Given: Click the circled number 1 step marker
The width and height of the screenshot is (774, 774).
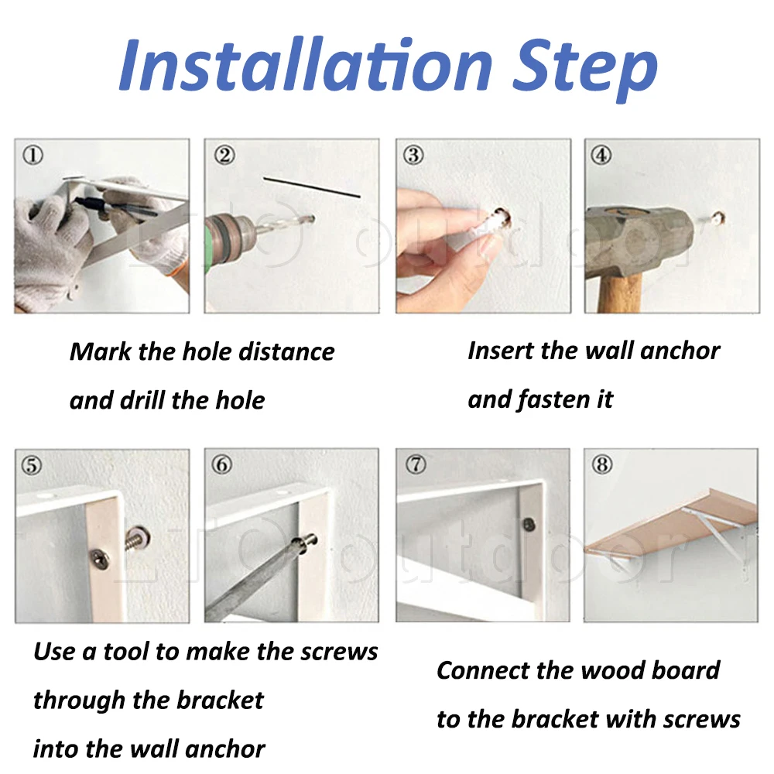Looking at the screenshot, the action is [33, 155].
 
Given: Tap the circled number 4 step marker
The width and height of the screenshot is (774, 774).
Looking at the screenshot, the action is [601, 155].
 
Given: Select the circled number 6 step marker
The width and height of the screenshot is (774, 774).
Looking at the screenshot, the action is [221, 464].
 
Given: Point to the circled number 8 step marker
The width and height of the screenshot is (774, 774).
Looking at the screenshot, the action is [602, 464].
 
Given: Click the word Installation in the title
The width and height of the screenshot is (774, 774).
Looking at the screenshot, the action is [306, 65].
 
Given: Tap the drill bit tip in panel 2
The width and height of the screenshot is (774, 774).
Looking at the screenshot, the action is [311, 218].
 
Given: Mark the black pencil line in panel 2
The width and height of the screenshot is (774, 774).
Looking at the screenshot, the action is [311, 187].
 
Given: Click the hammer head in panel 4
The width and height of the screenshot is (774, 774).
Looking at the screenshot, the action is [641, 242].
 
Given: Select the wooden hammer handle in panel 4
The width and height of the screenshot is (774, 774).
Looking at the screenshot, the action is [620, 293].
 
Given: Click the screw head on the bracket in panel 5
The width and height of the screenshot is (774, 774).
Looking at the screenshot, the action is [100, 560].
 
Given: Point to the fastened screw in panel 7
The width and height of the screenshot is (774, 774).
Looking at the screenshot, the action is [529, 524].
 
